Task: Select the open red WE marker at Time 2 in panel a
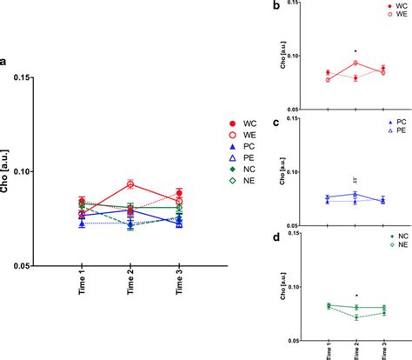130,184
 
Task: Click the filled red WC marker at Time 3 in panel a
178,193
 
